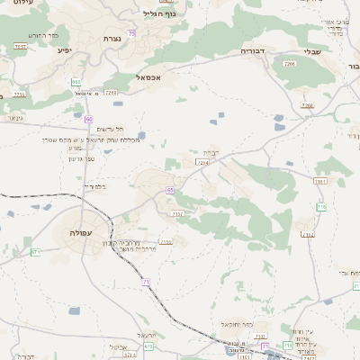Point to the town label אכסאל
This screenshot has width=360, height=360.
pos(147,77)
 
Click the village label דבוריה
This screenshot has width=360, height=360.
pos(251,52)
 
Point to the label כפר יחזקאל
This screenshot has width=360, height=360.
pos(234,323)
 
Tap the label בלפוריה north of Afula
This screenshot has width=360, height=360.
pos(94,186)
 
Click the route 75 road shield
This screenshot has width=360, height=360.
pos(131,33)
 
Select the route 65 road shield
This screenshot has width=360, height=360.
pos(169,190)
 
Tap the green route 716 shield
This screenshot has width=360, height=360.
pos(321,207)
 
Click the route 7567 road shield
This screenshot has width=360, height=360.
pos(20,46)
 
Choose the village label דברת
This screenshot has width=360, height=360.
pos(211,152)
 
